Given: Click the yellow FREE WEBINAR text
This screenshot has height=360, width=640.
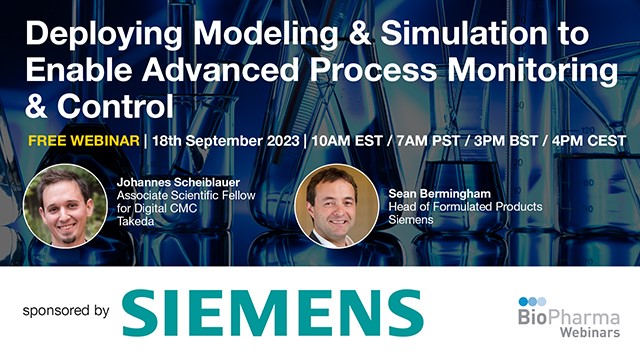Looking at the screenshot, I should point(83,140).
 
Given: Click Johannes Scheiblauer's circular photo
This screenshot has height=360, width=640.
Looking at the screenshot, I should point(64,205).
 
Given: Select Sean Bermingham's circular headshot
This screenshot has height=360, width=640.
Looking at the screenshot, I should point(335,205).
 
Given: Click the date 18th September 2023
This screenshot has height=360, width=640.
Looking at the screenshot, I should point(217,140).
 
